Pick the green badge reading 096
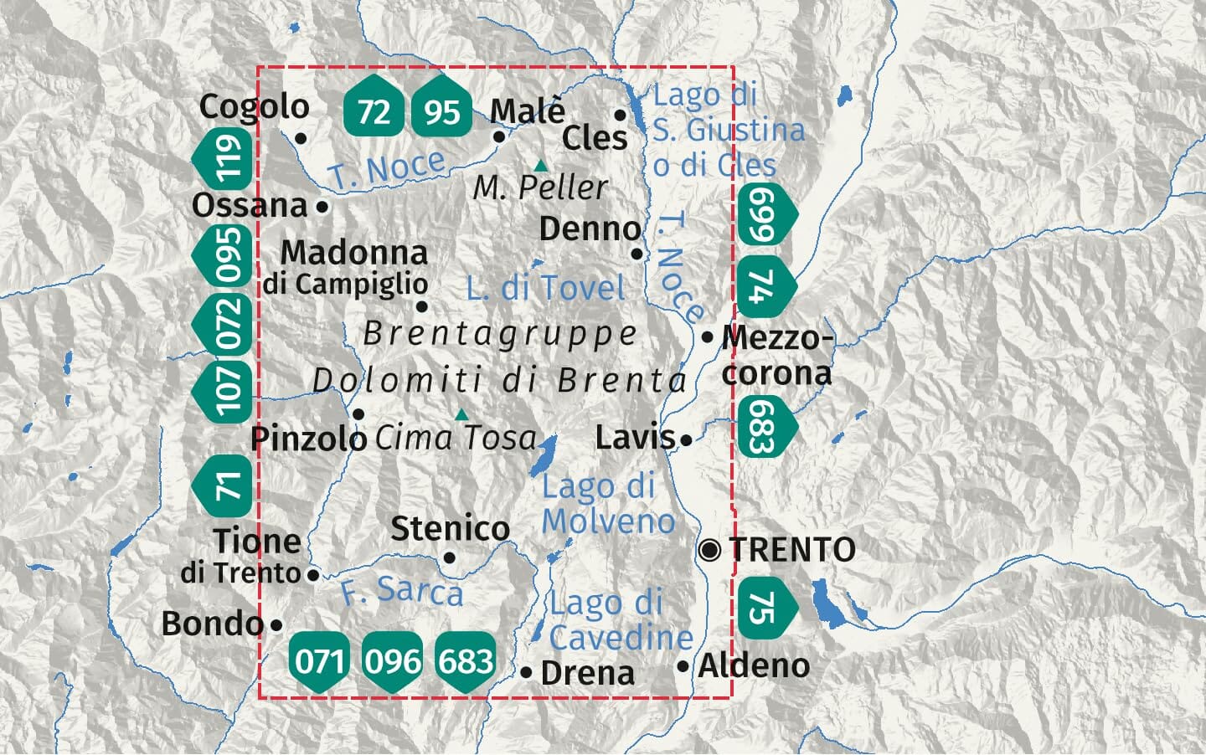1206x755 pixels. pos(393,661)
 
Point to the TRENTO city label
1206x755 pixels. pos(791,550)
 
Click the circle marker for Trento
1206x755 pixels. pos(710,550)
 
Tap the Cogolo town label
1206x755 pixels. pos(254,107)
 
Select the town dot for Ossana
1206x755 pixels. pos(323,206)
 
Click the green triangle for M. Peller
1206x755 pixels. pos(541,166)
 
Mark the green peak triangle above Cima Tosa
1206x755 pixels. pos(461,414)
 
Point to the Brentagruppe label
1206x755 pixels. pos(500,334)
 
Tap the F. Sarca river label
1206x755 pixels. pos(402,591)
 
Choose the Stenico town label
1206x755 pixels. pos(450,529)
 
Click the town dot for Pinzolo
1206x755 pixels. pos(358,414)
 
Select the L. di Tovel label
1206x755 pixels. pos(545,289)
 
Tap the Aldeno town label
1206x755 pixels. pos(754,666)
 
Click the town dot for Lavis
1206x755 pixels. pos(687,439)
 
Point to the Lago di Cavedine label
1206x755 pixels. pos(621,620)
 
